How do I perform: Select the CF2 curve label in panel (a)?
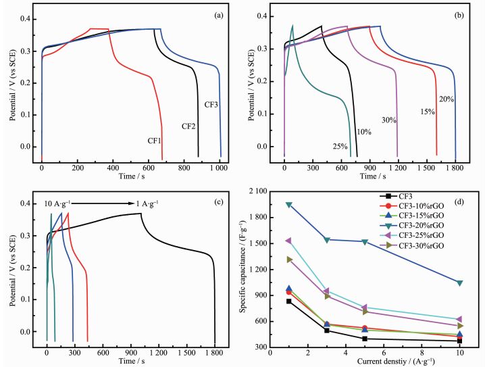point(189,126)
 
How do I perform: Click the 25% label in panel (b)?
point(340,146)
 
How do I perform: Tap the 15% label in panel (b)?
point(426,112)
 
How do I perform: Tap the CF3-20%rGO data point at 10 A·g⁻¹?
point(459,283)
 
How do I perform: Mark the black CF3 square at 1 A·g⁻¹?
point(289,301)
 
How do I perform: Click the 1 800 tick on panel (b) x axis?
point(456,166)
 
